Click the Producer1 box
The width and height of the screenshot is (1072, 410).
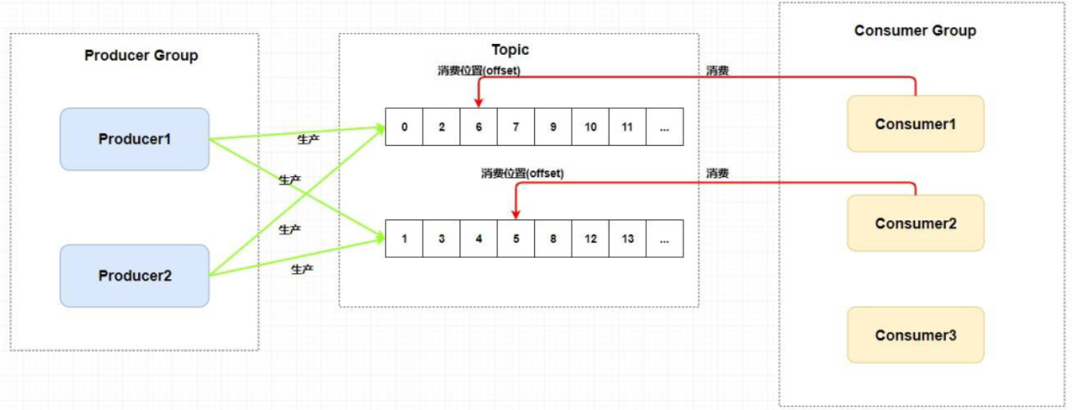click(135, 139)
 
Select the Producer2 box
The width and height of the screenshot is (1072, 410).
click(135, 276)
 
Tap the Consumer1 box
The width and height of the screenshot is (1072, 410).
click(915, 124)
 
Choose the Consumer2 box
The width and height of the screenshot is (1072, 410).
click(915, 223)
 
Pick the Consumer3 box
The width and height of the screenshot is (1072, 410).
click(915, 336)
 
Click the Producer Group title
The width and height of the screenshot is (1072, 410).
click(141, 56)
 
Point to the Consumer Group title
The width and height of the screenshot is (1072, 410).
click(915, 31)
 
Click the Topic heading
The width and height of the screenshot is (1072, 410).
click(511, 50)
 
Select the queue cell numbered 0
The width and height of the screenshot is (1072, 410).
click(404, 127)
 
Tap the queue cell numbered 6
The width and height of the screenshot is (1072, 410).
click(478, 127)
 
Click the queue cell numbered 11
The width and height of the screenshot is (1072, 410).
click(627, 127)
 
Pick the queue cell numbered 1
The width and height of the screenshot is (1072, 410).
click(404, 239)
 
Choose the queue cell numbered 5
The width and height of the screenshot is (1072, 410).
click(516, 239)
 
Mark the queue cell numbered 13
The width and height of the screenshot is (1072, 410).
click(627, 239)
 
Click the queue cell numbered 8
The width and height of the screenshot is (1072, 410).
click(553, 239)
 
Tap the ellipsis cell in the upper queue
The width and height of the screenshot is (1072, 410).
click(664, 127)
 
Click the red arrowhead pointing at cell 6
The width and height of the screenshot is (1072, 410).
click(478, 103)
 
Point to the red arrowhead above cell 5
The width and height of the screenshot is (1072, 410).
click(516, 214)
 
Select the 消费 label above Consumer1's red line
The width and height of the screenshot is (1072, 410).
click(718, 71)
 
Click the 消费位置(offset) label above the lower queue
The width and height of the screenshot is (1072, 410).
click(522, 173)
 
